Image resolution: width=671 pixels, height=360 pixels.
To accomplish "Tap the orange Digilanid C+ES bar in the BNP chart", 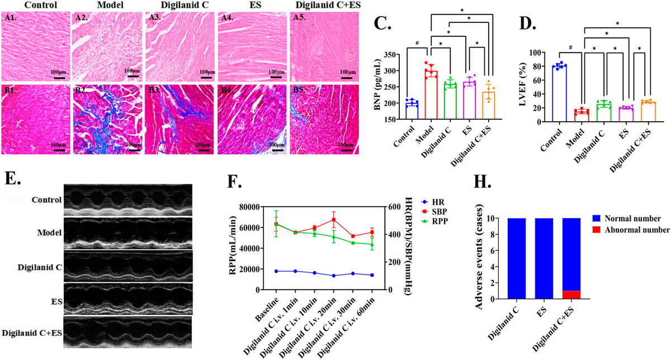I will pyautogui.click(x=490, y=106).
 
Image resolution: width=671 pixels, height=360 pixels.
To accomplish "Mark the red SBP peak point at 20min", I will pyautogui.click(x=334, y=220).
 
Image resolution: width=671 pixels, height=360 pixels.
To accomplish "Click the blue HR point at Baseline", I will pyautogui.click(x=276, y=271).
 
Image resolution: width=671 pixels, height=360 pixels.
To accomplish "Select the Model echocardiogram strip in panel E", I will pyautogui.click(x=128, y=231).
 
